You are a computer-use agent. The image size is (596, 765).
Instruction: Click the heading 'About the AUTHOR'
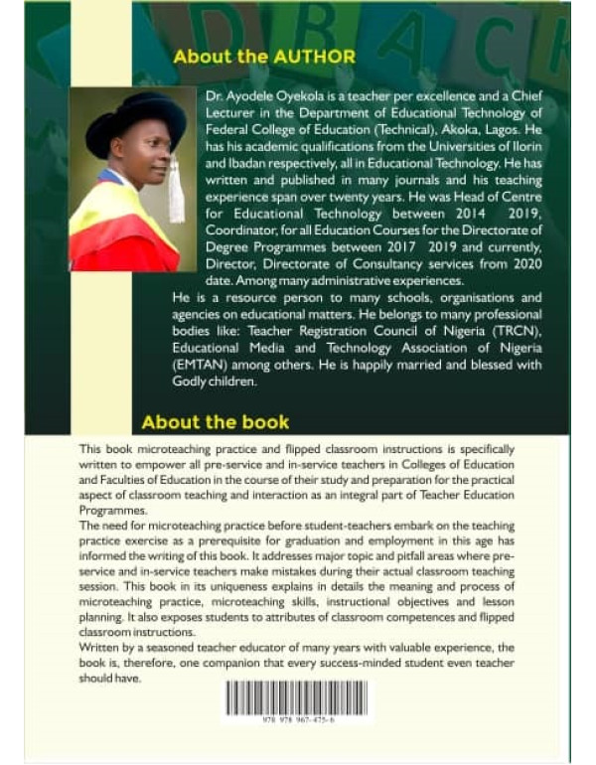tap(264, 57)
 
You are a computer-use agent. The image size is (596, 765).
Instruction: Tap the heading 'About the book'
tap(216, 422)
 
